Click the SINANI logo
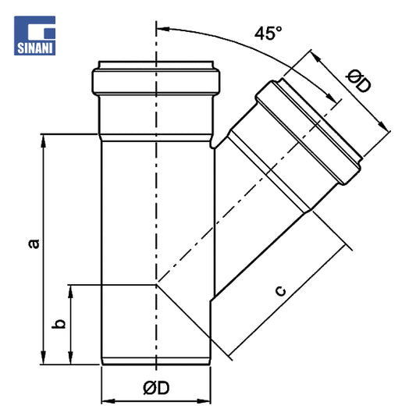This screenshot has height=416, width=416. (x=35, y=36)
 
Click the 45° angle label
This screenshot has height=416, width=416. (x=268, y=33)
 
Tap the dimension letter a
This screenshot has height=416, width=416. (x=34, y=244)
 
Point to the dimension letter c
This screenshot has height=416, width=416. (x=281, y=291)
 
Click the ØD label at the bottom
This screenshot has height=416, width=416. (x=156, y=388)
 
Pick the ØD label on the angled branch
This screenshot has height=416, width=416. (x=359, y=81)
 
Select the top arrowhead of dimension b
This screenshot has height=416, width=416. (x=70, y=291)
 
